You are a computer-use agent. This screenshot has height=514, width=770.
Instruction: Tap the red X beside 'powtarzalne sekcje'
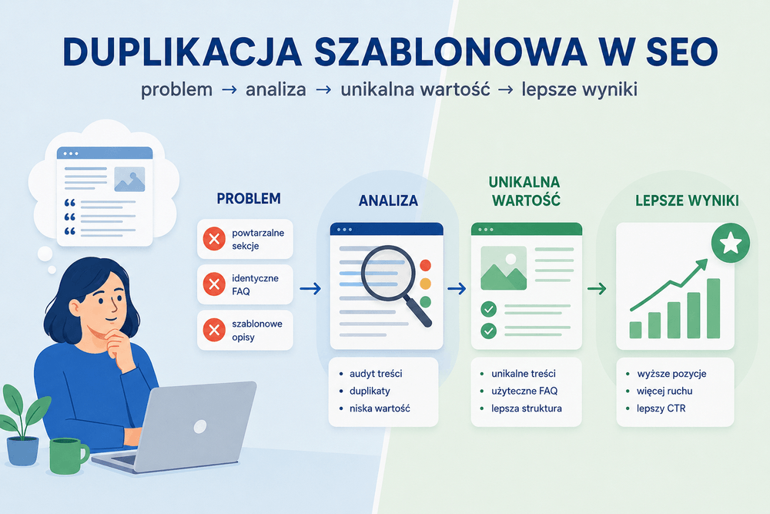214,239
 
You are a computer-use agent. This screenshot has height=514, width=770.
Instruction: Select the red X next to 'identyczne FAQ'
214,284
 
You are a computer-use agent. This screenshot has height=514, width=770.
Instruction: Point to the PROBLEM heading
249,199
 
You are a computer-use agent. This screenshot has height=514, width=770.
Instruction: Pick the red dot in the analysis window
425,266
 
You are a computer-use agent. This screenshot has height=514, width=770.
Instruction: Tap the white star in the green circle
731,243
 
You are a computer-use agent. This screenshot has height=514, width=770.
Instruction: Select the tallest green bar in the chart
713,308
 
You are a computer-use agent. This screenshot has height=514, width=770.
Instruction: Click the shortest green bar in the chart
635,331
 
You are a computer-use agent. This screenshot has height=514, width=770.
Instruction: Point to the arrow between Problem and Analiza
310,288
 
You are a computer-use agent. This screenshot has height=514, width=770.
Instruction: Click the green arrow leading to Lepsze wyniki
597,288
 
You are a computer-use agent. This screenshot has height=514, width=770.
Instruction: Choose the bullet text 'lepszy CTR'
661,408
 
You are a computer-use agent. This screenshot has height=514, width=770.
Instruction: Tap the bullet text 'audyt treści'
376,374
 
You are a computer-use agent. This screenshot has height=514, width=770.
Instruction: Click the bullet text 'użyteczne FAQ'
524,391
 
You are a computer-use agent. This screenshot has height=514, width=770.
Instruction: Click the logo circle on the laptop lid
200,426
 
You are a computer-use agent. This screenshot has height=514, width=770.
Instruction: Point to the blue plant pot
22,451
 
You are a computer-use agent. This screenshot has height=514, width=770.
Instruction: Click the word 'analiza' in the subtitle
276,89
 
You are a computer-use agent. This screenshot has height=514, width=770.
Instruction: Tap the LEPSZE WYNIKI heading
687,200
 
